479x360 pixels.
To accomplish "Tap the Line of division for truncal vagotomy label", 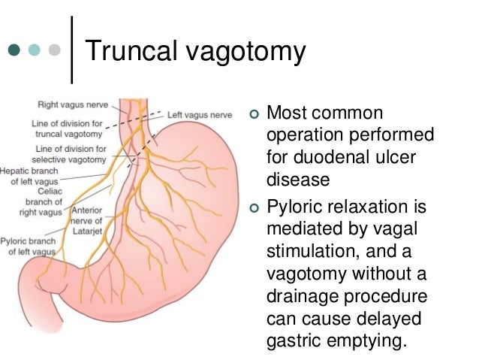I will tap(66, 128).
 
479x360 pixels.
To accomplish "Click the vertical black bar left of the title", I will tap(73, 50).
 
